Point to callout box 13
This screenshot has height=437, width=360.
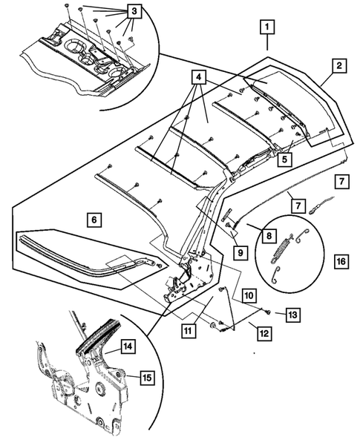point(293,315)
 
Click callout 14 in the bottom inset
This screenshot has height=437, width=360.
point(128,345)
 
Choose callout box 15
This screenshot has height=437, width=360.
point(146,378)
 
